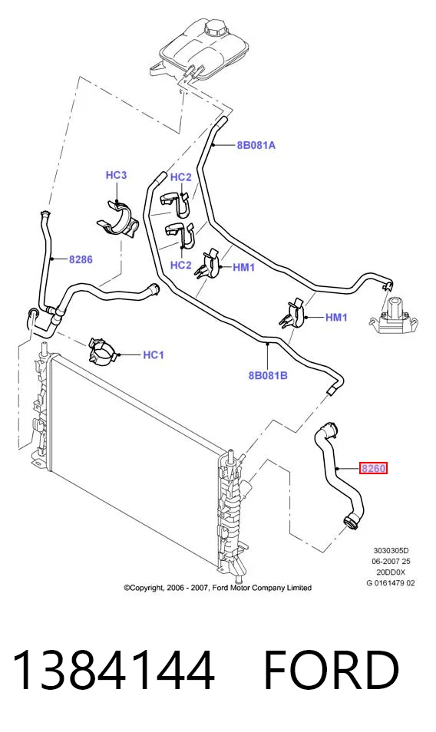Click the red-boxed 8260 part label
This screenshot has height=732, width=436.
(373, 468)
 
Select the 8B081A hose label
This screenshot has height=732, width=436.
(256, 145)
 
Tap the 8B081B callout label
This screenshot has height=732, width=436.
(268, 375)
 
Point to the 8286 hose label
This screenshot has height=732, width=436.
(81, 259)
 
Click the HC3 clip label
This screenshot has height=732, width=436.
(116, 175)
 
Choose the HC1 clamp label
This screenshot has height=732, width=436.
(153, 354)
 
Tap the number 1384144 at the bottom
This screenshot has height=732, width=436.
(113, 670)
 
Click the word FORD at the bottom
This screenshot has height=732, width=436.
(331, 670)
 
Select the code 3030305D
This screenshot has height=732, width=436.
(391, 550)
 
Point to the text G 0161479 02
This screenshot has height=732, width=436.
(391, 582)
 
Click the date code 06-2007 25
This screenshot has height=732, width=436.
(391, 561)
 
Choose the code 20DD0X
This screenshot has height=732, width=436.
(391, 572)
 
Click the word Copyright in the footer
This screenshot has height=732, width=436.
(146, 588)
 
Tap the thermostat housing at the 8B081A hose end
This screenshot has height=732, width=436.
(394, 316)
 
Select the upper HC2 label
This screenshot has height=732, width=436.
(180, 177)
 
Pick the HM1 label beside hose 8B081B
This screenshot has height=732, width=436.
(336, 318)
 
